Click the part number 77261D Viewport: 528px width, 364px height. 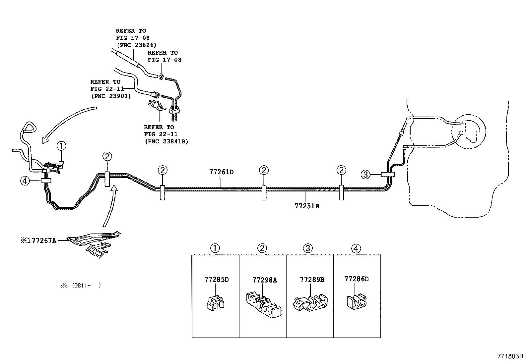coord(221,172)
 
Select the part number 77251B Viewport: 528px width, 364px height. coord(306,206)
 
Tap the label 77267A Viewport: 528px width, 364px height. coord(44,240)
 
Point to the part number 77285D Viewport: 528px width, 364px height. coord(216,280)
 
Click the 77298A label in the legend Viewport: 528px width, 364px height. coord(264,280)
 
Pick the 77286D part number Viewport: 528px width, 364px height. coord(356,279)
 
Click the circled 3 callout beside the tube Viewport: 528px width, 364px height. coord(365,174)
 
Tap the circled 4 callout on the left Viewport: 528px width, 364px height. coord(25,181)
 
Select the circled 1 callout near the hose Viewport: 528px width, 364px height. coord(61,145)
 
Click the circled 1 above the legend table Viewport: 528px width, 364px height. coord(215,248)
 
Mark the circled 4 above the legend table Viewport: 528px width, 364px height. coord(356,248)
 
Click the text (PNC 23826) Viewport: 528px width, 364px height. coord(136,45)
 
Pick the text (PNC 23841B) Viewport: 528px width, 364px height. coord(166,141)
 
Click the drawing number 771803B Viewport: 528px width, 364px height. coord(510,356)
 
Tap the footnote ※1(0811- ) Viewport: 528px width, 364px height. coord(80,285)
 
